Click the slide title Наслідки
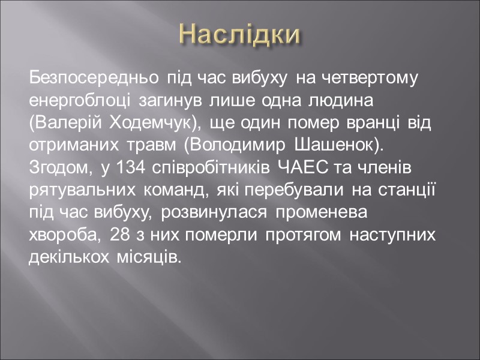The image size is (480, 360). point(240,34)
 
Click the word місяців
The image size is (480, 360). point(146,257)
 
